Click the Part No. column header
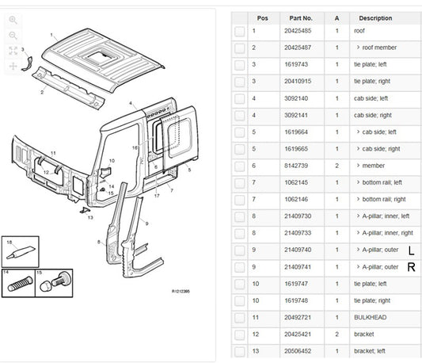click(301, 17)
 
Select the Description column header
click(374, 17)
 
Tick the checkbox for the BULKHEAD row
click(239, 318)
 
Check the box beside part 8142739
click(239, 166)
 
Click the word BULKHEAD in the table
click(371, 318)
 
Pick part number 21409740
click(301, 250)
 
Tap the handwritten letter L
click(410, 250)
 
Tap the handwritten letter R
click(411, 267)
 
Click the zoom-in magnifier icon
click(13, 19)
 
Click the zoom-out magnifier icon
click(13, 36)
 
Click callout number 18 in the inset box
click(10, 241)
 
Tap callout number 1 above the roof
click(51, 35)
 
